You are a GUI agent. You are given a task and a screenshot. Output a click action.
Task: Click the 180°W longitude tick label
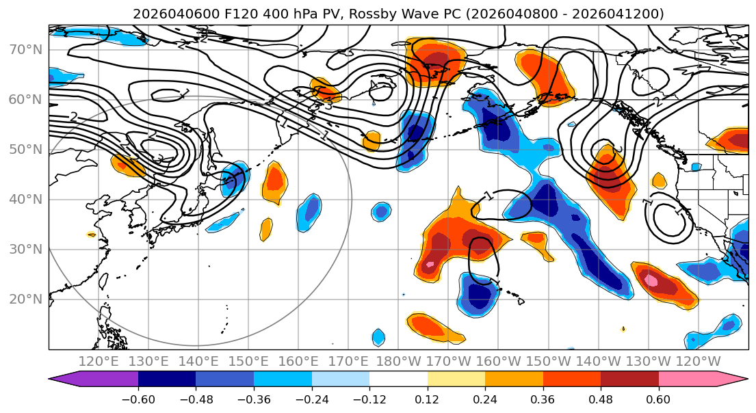click(398, 361)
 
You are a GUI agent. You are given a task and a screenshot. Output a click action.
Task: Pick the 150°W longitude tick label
click(549, 361)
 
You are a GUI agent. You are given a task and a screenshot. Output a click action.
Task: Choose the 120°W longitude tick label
click(699, 361)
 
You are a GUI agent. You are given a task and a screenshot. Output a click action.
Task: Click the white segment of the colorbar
click(398, 379)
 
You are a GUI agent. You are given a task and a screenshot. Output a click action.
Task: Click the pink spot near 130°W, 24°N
click(651, 280)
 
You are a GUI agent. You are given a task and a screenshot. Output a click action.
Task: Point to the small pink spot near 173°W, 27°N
click(430, 264)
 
